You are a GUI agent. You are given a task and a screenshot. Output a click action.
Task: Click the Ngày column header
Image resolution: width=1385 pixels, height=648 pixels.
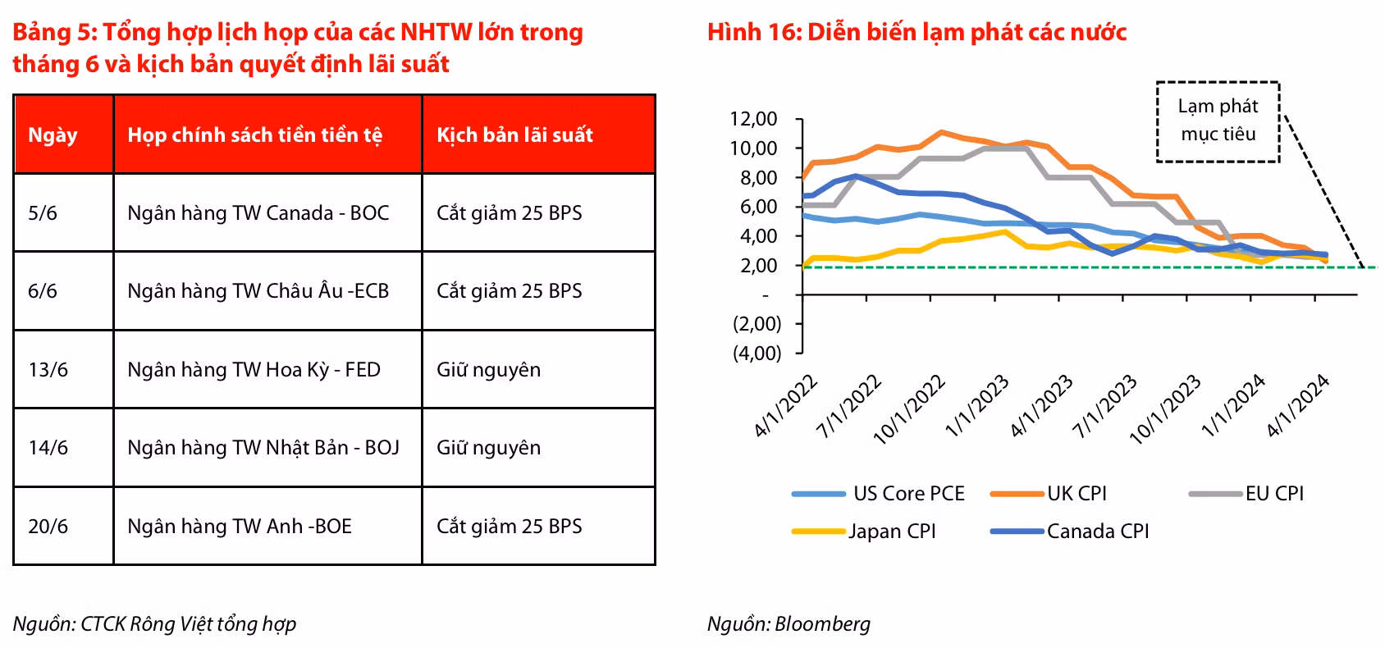53,135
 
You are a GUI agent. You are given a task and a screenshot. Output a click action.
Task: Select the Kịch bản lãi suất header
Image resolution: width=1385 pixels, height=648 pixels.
514,135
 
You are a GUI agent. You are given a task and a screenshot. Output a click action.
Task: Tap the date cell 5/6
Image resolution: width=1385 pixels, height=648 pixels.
43,213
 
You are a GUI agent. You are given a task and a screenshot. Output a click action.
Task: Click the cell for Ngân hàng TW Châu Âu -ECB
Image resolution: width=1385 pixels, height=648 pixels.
258,291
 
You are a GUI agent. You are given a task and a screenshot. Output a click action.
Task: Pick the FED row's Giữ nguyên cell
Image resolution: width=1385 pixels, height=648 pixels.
488,370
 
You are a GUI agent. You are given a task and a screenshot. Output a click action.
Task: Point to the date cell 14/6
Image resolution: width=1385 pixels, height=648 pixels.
48,448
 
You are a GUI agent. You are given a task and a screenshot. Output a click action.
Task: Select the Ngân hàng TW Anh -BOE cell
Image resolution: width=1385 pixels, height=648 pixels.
240,527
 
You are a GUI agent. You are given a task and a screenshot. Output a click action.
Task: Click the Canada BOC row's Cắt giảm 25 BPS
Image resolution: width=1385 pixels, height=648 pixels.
509,213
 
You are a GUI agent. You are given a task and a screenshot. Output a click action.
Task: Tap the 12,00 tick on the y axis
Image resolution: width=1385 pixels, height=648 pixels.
753,119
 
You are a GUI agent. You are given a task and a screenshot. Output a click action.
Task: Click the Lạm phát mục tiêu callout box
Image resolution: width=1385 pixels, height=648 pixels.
1218,121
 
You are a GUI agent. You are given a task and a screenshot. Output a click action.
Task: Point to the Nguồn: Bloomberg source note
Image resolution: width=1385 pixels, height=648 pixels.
788,624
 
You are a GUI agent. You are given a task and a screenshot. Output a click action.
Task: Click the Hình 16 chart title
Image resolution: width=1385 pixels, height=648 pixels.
916,33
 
